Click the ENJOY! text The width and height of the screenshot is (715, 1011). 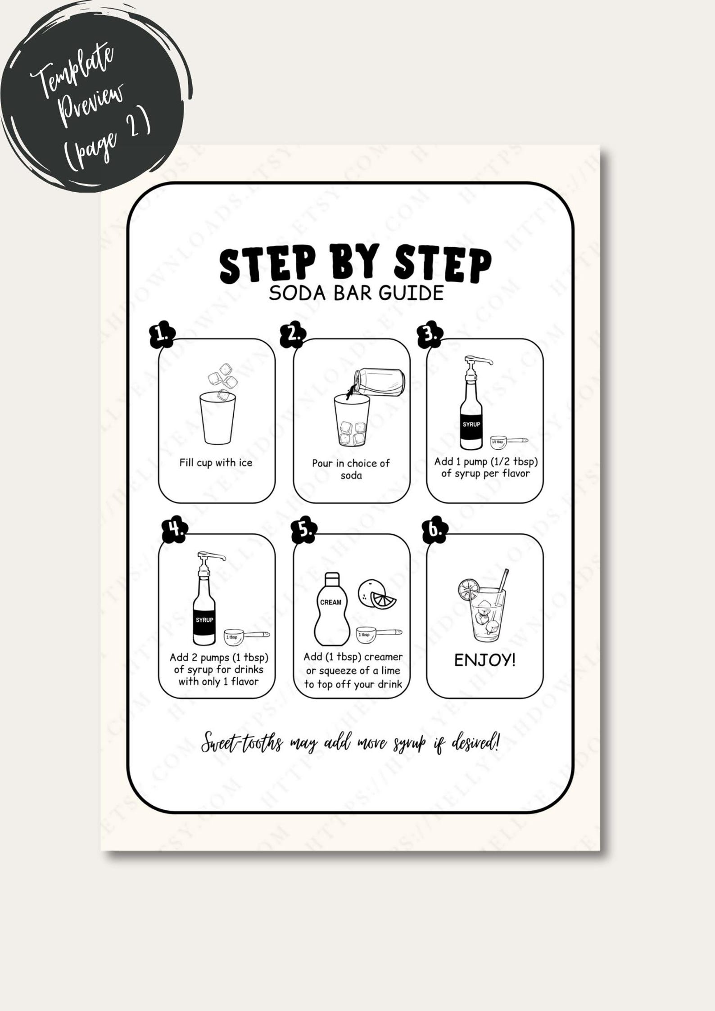tap(484, 660)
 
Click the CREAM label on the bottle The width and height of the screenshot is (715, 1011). tap(330, 602)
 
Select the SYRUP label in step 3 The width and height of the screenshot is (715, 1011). tap(471, 424)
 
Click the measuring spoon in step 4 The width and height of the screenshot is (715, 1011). tap(245, 636)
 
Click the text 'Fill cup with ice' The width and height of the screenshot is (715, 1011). tap(216, 463)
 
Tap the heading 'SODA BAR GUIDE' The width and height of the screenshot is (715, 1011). tap(356, 293)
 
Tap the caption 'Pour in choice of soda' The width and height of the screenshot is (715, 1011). tap(351, 469)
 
